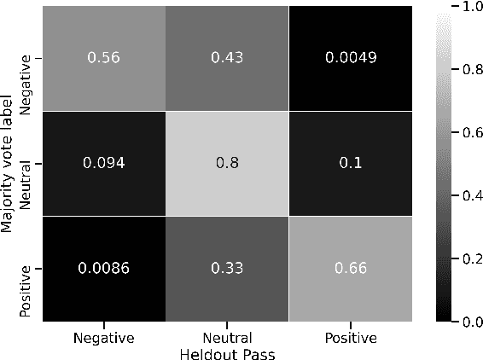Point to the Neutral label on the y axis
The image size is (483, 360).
coord(26,162)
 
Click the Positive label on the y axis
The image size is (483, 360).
coord(26,268)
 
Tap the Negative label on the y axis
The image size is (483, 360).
coord(26,57)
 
